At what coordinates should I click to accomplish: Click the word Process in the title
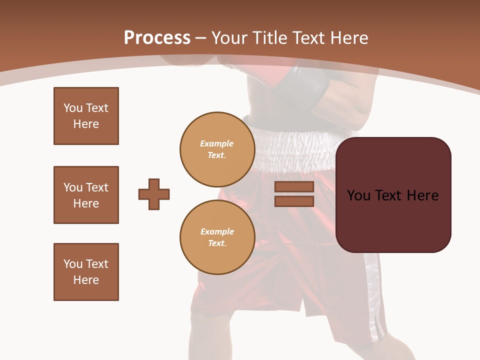[x=157, y=38]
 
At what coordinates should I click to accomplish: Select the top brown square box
[x=86, y=116]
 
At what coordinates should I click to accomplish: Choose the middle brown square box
[x=86, y=195]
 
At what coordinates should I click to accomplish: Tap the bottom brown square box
[x=86, y=272]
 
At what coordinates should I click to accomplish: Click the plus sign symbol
[x=154, y=194]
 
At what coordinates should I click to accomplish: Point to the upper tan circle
[x=217, y=149]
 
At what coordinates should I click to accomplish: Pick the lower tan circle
[x=217, y=237]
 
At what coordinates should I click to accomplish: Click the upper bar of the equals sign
[x=294, y=187]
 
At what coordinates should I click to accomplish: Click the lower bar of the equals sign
[x=294, y=201]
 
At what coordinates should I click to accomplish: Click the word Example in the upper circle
[x=217, y=143]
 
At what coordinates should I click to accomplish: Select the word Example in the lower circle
[x=217, y=231]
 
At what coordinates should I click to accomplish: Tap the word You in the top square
[x=73, y=108]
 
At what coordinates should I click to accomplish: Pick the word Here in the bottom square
[x=86, y=280]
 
